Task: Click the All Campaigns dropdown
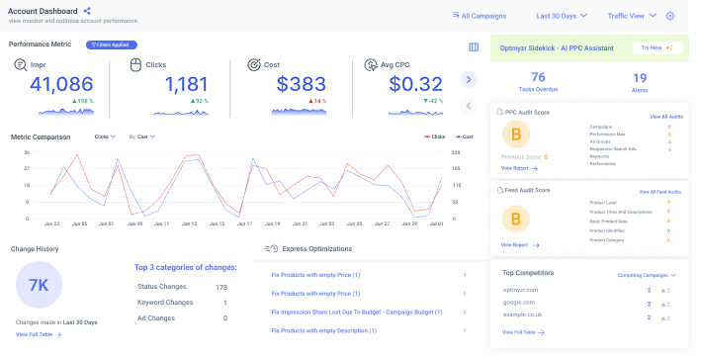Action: tap(484, 16)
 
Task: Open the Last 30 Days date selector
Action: tap(562, 16)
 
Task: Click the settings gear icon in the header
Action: tap(670, 16)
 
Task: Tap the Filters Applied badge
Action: tap(112, 45)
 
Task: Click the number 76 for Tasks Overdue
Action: tap(538, 77)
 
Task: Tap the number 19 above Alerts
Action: tap(639, 77)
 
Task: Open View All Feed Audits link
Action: tap(659, 190)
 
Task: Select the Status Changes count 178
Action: tap(221, 287)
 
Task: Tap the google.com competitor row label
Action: tap(520, 303)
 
